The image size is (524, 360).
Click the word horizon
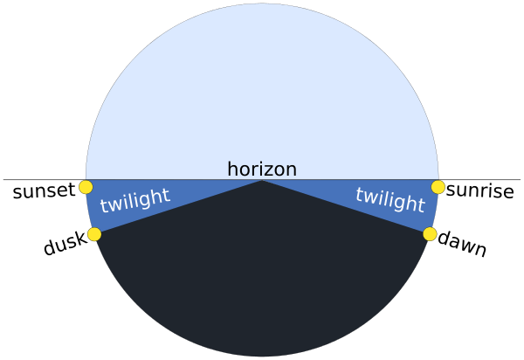click(262, 170)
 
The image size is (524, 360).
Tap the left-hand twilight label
click(134, 201)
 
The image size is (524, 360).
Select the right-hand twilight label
click(390, 200)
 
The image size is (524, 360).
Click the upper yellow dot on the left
click(86, 187)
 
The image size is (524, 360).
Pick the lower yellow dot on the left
click(94, 234)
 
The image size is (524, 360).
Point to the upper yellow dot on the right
click(438, 187)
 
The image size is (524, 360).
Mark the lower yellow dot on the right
click(430, 234)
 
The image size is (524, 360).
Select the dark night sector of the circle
click(262, 280)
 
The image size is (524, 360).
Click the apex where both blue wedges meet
click(262, 180)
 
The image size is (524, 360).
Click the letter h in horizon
click(232, 170)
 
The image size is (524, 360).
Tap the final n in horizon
click(292, 170)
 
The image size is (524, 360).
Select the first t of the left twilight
click(103, 208)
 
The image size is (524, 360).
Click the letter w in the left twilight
click(114, 205)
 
